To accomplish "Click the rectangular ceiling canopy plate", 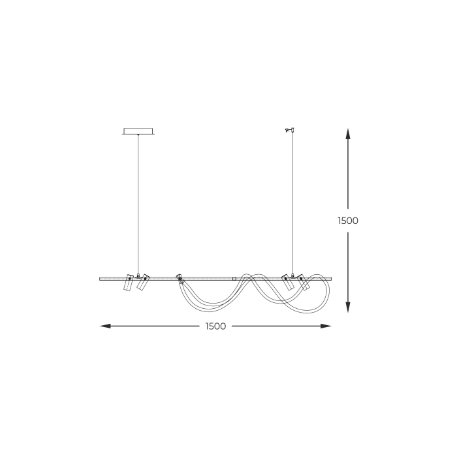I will point(138,131).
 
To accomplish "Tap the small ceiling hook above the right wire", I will point(290,131).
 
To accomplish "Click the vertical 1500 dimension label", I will point(348,221).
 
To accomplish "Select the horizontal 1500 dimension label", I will point(215,326).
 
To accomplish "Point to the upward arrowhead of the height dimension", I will point(348,134).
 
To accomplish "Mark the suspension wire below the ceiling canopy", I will point(138,202).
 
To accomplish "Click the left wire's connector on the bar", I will point(138,275).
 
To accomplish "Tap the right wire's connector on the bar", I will point(294,274).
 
